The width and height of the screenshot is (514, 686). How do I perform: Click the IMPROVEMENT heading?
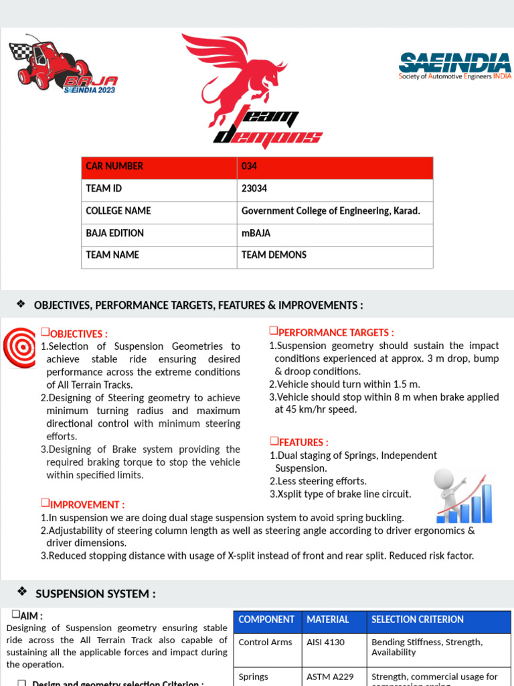tap(86, 504)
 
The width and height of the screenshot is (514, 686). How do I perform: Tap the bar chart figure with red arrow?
tap(463, 496)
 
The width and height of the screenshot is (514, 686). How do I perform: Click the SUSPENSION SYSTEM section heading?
tap(95, 594)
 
